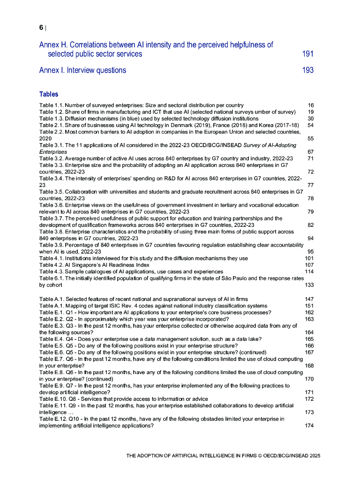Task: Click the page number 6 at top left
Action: click(x=41, y=28)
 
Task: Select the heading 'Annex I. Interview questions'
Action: click(x=82, y=70)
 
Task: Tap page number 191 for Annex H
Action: click(x=307, y=54)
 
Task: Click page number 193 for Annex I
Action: click(x=307, y=70)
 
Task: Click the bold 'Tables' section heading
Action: click(x=49, y=94)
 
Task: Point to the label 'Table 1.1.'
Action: click(x=51, y=105)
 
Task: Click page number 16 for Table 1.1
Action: click(x=310, y=105)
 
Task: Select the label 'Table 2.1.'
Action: click(x=51, y=125)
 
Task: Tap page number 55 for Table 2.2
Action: click(x=310, y=139)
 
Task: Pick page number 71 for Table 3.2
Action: click(x=310, y=158)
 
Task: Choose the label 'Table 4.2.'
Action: click(x=51, y=265)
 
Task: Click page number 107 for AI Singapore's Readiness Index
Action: click(x=309, y=265)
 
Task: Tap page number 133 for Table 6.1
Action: click(x=309, y=285)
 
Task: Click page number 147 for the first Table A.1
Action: click(x=309, y=299)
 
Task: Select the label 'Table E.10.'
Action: click(x=52, y=399)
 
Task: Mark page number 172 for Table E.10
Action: click(x=309, y=399)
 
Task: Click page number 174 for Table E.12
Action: click(x=309, y=426)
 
